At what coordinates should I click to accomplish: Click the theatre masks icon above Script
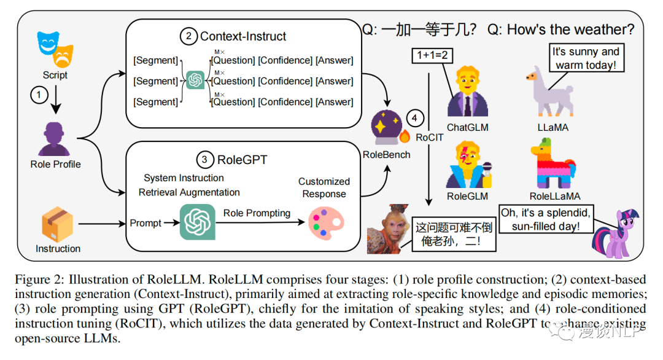coord(54,50)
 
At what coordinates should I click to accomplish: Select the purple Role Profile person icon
coord(56,139)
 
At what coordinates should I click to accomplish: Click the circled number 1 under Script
coord(39,96)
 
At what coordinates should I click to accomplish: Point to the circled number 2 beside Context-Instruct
coord(188,37)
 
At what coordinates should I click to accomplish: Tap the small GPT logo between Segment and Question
coord(195,80)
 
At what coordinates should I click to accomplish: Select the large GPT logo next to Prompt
coord(198,222)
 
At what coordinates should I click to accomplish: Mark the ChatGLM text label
coord(467,128)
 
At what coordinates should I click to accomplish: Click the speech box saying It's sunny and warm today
coord(586,58)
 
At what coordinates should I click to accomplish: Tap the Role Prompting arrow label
coord(257,213)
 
